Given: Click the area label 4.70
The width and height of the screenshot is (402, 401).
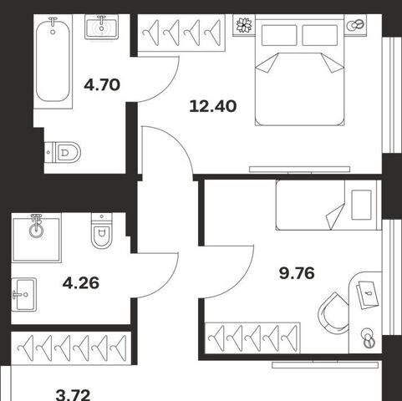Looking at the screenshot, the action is point(102,85).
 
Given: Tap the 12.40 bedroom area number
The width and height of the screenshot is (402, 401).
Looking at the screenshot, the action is point(213,106).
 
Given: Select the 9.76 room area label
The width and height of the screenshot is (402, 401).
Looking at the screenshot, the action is point(297,273).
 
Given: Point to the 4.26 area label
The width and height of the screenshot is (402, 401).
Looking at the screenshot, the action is point(81,283).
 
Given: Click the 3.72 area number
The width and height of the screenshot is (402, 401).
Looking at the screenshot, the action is point(74,395).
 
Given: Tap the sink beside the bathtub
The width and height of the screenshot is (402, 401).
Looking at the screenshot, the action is point(102,27).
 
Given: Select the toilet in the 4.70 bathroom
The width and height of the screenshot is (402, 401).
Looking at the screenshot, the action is point(63,152).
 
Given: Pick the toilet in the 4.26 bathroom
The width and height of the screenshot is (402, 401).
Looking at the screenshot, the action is point(102,231).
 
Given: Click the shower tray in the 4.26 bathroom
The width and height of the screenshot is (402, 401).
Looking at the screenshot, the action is point(37,239).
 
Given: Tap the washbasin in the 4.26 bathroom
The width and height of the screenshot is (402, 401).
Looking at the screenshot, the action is point(24,294).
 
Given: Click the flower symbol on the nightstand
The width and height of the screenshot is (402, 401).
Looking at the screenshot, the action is point(244,25).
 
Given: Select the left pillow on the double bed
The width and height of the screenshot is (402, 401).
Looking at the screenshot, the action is point(279,35).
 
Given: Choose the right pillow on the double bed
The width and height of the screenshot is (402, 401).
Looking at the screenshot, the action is point(320,35).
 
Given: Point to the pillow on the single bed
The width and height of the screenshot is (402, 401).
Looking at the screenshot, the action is point(361,205).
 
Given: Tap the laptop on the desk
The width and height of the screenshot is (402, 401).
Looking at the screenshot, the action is point(368,295).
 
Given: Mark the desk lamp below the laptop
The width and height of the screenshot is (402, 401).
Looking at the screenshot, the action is point(368,338).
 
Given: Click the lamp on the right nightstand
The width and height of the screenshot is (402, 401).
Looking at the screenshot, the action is point(355,25).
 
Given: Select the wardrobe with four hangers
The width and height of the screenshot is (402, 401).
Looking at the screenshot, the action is point(181,33).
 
